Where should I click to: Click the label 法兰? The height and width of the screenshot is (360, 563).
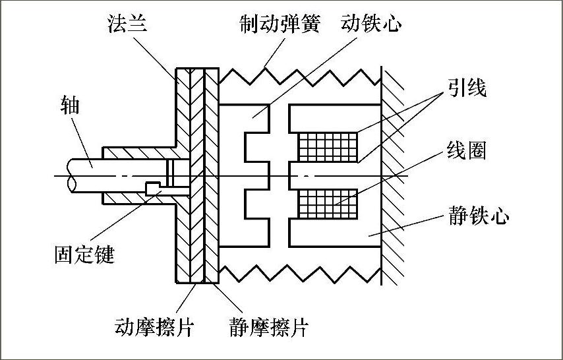[127, 25]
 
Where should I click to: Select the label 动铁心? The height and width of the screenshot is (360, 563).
[371, 24]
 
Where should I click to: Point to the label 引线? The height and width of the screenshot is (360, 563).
[466, 88]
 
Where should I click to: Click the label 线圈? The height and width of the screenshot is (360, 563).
[466, 151]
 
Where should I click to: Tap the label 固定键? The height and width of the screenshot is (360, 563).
[84, 253]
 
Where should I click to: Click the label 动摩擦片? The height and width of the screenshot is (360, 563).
[156, 326]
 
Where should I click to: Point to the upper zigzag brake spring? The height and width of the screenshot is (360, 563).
[300, 75]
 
